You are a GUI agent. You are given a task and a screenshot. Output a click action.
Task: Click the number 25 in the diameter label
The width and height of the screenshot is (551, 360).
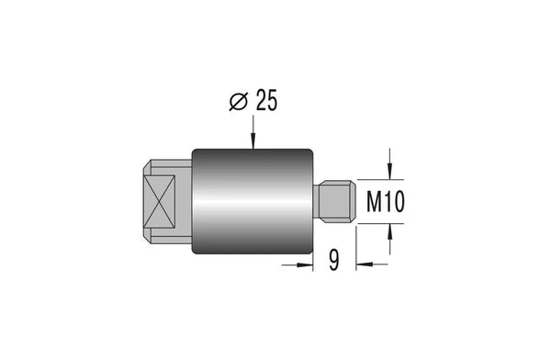click(x=266, y=100)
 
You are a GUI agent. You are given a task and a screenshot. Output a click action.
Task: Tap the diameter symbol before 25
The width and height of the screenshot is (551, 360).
click(x=239, y=102)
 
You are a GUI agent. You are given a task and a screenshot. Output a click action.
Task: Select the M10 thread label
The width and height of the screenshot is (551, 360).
click(x=386, y=201)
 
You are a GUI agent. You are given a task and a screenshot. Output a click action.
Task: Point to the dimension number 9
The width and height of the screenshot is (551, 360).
click(x=334, y=260)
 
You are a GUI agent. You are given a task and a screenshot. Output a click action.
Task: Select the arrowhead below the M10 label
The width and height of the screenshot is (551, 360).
click(x=389, y=231)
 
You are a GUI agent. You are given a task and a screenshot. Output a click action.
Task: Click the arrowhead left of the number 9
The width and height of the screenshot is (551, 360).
click(x=305, y=264)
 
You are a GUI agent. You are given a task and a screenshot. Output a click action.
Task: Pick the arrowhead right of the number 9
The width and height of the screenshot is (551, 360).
click(x=365, y=264)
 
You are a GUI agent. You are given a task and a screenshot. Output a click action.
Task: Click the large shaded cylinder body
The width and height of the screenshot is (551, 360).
click(x=253, y=201)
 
